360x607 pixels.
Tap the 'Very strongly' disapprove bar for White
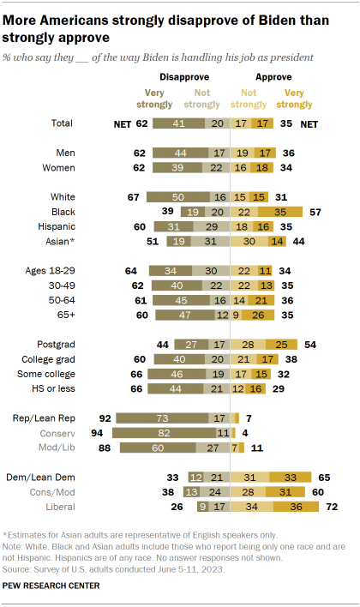pos(177,195)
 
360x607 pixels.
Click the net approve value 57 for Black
pos(315,211)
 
